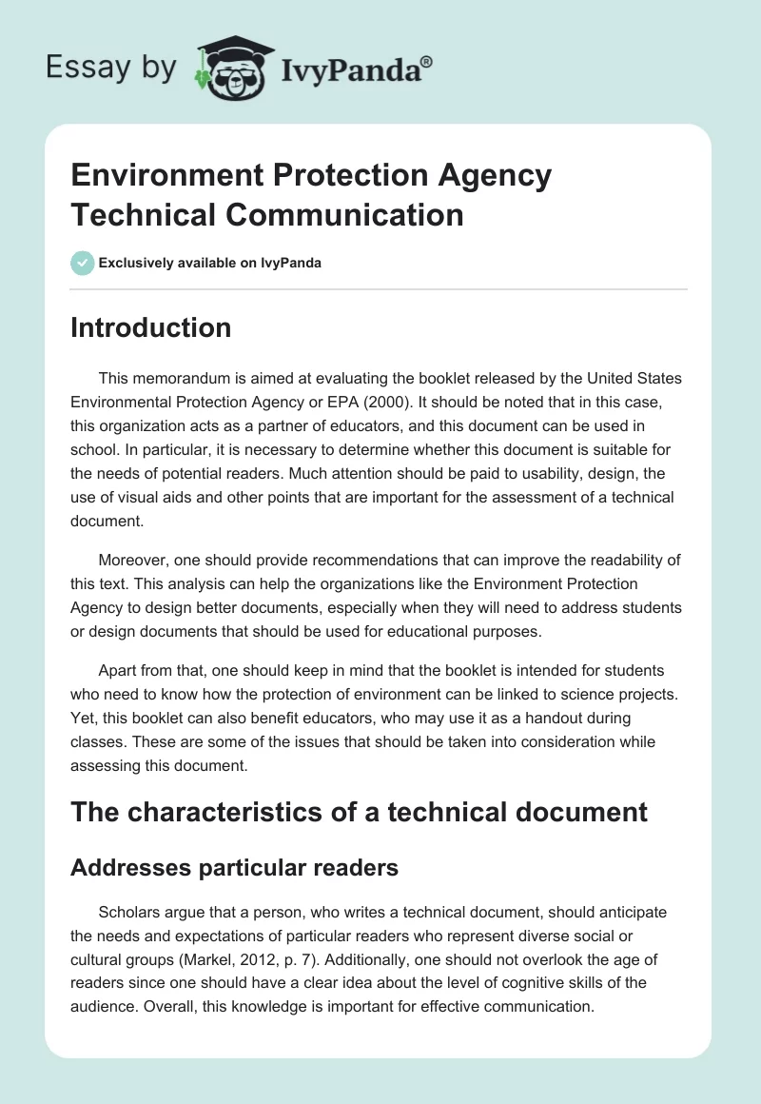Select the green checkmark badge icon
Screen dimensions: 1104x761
(83, 263)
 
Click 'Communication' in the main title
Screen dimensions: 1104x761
(343, 214)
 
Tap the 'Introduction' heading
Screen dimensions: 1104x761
(150, 327)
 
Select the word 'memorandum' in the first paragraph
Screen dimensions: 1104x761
(179, 379)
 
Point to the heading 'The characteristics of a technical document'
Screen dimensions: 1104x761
(359, 812)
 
